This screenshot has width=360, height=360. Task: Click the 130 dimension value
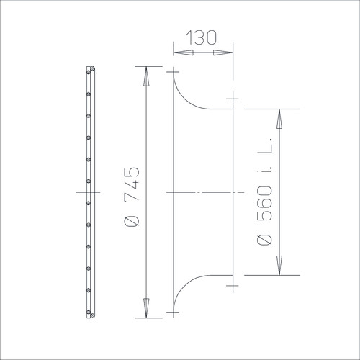201,37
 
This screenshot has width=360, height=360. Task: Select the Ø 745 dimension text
132,197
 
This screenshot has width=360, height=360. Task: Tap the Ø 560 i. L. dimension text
265,192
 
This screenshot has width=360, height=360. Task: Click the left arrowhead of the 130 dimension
184,53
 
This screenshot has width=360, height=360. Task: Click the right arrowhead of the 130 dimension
223,53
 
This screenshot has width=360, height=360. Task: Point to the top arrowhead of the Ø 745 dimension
146,76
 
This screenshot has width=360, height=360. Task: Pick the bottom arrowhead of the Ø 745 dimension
146,308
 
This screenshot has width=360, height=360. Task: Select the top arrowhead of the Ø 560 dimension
279,119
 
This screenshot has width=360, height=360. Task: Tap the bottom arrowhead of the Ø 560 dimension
279,266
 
